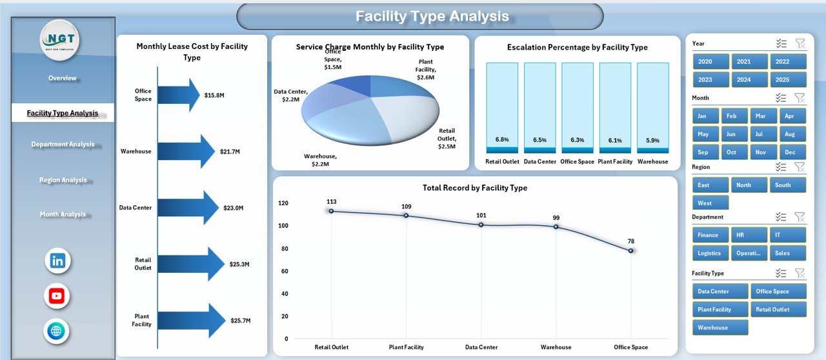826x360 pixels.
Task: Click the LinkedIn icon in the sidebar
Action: (57, 261)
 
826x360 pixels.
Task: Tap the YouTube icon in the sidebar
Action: (57, 296)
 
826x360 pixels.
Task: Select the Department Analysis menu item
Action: (63, 145)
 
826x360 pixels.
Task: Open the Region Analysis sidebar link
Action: (63, 180)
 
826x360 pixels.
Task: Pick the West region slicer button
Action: (710, 203)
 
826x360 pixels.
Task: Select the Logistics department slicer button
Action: (710, 253)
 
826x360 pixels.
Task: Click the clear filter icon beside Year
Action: (800, 43)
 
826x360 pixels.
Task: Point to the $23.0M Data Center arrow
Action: (188, 208)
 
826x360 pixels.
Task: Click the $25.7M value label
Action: (241, 320)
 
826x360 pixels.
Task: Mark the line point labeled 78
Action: (630, 250)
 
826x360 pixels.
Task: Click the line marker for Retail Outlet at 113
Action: (331, 211)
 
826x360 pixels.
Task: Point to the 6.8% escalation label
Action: (502, 139)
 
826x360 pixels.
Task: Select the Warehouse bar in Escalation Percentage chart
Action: (652, 108)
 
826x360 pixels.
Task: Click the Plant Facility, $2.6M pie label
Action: (426, 69)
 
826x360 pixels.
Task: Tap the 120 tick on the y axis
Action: (283, 203)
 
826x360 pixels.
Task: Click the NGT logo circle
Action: (59, 40)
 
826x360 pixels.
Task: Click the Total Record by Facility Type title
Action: (475, 188)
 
